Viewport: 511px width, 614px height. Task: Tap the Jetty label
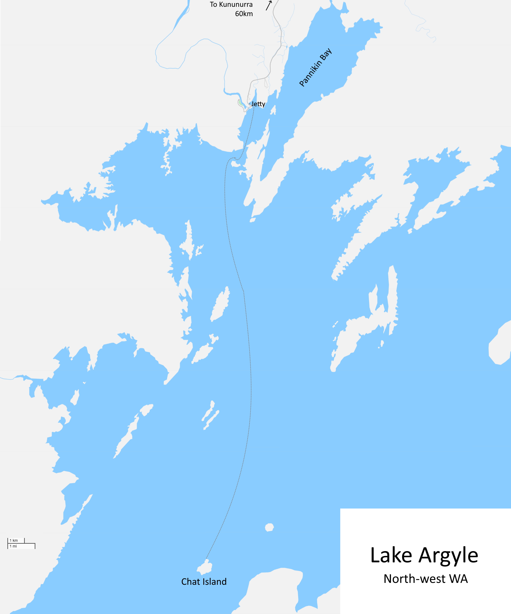pos(258,104)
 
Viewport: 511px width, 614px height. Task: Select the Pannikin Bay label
pos(315,68)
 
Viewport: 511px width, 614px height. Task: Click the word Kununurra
pos(236,5)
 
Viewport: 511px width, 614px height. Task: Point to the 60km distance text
pos(244,14)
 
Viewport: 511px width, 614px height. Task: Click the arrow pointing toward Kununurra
pos(269,6)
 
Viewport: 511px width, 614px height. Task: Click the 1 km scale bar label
pos(14,541)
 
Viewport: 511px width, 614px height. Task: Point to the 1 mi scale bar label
pos(13,546)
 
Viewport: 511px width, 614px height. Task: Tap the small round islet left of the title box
pos(269,527)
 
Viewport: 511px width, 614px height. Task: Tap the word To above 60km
pos(213,5)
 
